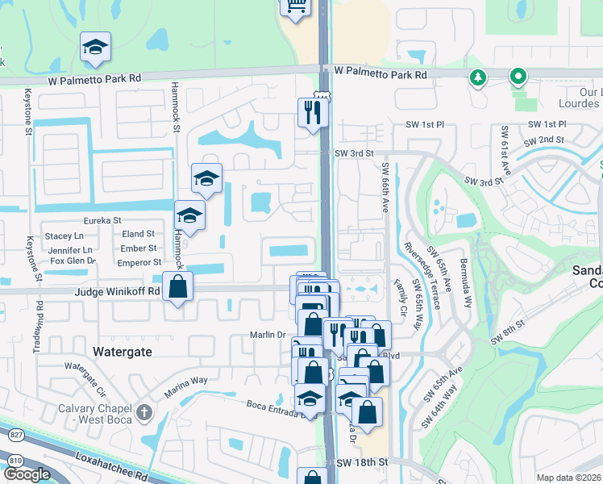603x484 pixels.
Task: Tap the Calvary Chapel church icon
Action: [144, 413]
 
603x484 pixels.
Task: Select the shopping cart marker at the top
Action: [295, 5]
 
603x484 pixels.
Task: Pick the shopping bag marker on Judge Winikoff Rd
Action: [177, 287]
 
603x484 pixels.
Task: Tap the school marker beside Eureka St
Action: [189, 215]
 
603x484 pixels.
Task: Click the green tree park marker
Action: [477, 77]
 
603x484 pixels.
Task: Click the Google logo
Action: [27, 474]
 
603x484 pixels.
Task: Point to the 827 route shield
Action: [14, 435]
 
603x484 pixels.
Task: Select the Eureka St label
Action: [102, 220]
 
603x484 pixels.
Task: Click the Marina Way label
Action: [187, 386]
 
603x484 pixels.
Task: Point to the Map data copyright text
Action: [568, 478]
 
